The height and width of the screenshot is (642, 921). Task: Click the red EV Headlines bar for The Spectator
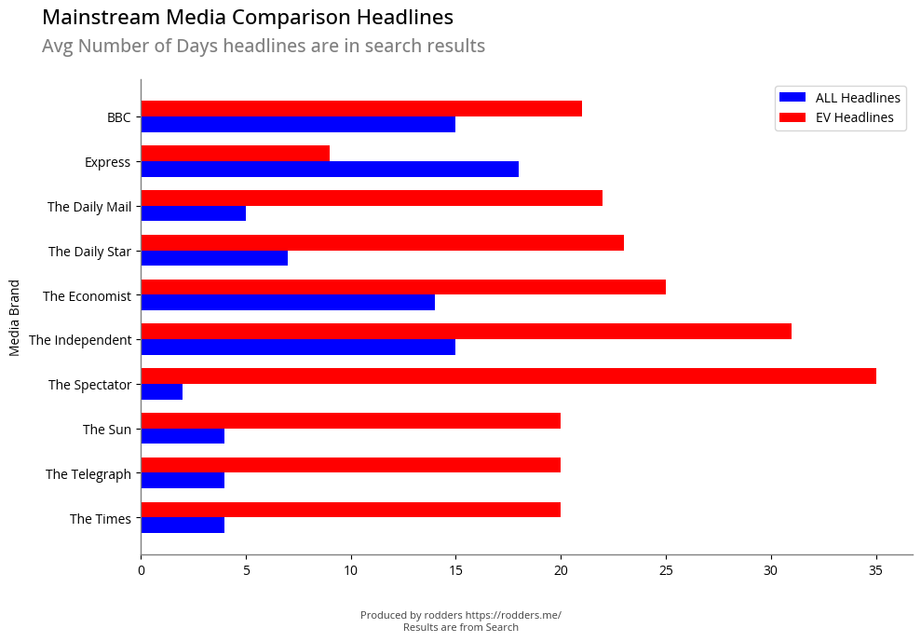point(508,376)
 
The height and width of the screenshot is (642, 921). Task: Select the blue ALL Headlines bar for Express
point(330,170)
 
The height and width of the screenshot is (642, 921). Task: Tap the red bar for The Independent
point(466,332)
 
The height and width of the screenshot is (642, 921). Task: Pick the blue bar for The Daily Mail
point(194,213)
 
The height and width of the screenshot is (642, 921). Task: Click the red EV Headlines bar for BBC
point(361,109)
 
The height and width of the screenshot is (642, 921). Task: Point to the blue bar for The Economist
point(288,303)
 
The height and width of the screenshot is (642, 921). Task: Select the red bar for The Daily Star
point(382,243)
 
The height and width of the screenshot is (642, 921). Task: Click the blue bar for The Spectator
point(162,392)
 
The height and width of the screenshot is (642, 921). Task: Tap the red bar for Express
point(235,154)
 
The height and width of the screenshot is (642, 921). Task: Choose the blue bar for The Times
point(183,526)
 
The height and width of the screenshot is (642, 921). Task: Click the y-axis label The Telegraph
point(88,474)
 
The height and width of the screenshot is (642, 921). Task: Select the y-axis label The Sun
point(107,430)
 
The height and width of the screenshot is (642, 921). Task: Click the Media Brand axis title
point(15,317)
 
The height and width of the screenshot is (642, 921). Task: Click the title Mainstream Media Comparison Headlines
point(248,18)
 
